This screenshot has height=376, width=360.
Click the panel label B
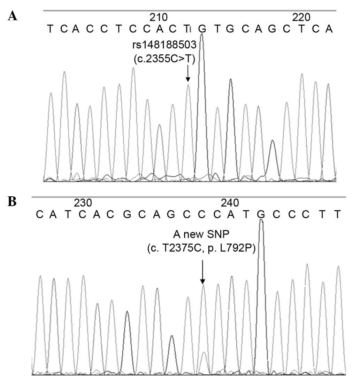12,202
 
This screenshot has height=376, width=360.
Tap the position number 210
158,17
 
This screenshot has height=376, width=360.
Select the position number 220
301,17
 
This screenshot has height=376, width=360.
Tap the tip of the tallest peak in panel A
201,35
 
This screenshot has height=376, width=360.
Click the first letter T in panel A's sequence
51,29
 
